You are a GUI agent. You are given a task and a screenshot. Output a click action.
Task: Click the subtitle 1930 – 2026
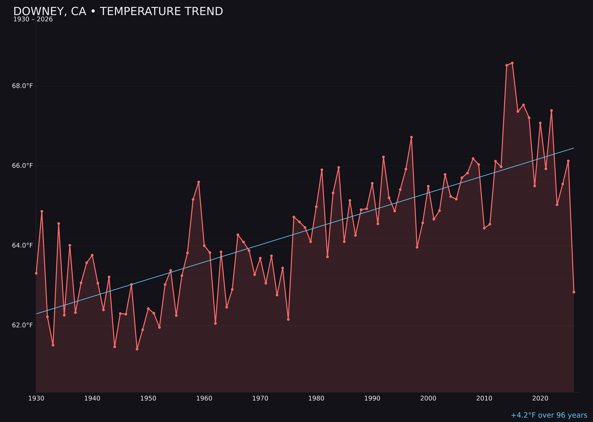click(33, 19)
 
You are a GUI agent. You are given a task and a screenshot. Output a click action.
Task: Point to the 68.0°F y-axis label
click(22, 86)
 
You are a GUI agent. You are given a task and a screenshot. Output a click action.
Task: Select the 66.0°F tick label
click(22, 166)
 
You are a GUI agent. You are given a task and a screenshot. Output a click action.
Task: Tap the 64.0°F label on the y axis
click(22, 246)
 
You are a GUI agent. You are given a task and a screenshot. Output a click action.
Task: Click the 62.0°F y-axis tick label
click(22, 325)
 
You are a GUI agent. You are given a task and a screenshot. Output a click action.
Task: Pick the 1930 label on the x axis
click(36, 399)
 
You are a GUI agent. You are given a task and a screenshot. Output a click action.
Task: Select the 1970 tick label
click(260, 399)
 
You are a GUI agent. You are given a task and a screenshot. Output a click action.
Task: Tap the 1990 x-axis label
click(372, 399)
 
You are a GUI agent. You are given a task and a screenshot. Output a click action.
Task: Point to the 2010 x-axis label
click(484, 399)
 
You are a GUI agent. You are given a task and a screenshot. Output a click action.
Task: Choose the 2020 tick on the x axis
click(540, 399)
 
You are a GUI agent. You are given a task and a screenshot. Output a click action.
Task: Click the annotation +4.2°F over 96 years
click(549, 415)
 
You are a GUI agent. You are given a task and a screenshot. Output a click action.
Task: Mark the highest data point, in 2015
click(512, 63)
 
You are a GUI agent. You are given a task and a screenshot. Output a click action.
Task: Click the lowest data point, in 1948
click(137, 349)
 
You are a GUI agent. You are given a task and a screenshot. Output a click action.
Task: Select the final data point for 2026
click(574, 292)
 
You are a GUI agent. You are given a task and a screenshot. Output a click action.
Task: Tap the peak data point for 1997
click(411, 137)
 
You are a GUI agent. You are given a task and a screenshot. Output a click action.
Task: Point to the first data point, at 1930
click(36, 273)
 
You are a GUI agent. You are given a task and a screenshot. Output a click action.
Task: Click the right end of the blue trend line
click(574, 148)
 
